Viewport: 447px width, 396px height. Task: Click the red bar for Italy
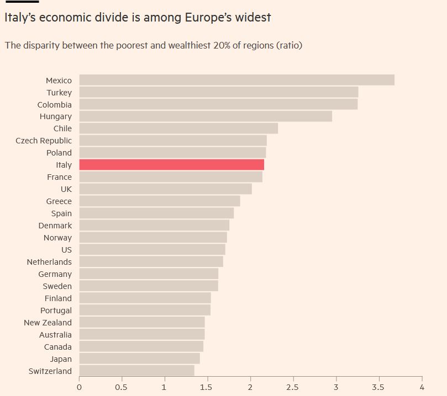171,164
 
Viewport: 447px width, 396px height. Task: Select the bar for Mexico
236,80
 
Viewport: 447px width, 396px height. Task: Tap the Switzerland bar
136,371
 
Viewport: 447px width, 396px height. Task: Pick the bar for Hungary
206,116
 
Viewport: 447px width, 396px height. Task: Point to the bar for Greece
159,201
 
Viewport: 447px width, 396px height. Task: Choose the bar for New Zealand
141,322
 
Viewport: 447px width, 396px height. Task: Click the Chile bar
178,129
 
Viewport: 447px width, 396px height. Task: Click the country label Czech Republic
44,141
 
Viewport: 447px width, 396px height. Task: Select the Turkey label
59,93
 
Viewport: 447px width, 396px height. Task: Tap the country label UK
66,189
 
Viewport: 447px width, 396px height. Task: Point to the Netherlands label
49,262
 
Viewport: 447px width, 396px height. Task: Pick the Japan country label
60,359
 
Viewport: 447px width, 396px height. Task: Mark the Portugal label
56,311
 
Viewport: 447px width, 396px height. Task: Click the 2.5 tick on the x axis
293,387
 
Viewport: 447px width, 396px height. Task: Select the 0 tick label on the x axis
79,387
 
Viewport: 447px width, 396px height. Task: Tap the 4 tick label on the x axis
422,387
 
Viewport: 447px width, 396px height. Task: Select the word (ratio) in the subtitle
289,45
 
